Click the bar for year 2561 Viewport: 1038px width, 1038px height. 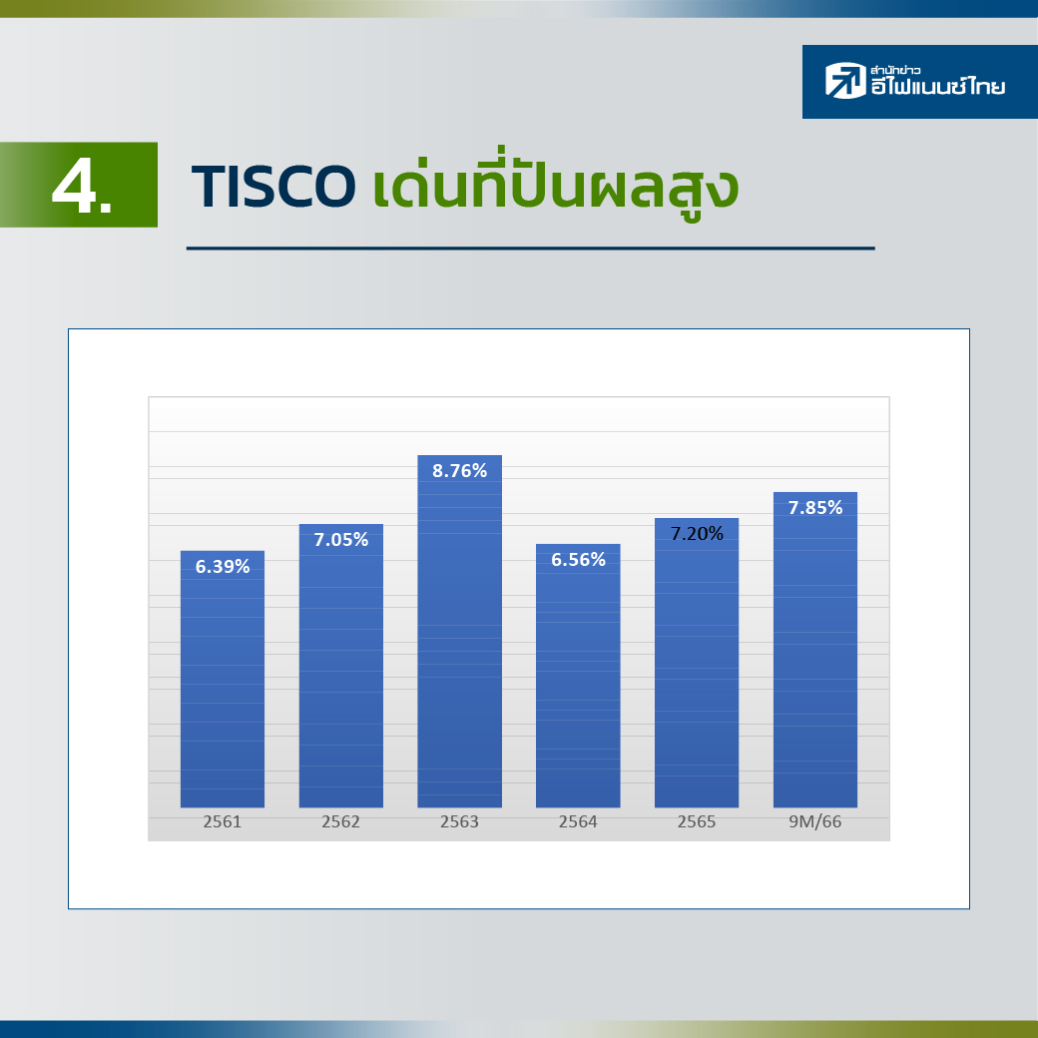pos(223,679)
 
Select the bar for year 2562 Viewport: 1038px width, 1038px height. pos(341,666)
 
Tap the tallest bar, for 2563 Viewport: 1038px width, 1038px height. pos(459,631)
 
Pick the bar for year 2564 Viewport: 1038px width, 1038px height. pos(578,676)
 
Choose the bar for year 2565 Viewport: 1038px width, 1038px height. pos(697,663)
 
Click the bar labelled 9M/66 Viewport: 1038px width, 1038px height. pos(814,650)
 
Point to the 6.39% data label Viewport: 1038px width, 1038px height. pos(223,567)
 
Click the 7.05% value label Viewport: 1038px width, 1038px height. pos(341,540)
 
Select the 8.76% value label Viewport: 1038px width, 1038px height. pos(459,471)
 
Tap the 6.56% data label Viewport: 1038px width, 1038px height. pos(578,560)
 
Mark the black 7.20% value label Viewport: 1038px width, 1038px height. pos(697,534)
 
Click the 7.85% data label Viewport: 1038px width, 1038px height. pos(814,508)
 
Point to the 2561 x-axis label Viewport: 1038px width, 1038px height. pos(223,821)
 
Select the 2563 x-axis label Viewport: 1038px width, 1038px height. pos(459,821)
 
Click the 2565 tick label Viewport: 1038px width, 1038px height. pos(697,821)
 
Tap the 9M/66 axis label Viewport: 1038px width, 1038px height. pos(814,821)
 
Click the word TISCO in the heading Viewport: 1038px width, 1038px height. pos(273,187)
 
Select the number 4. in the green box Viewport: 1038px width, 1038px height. pos(82,187)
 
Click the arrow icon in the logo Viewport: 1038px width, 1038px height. pos(845,81)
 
